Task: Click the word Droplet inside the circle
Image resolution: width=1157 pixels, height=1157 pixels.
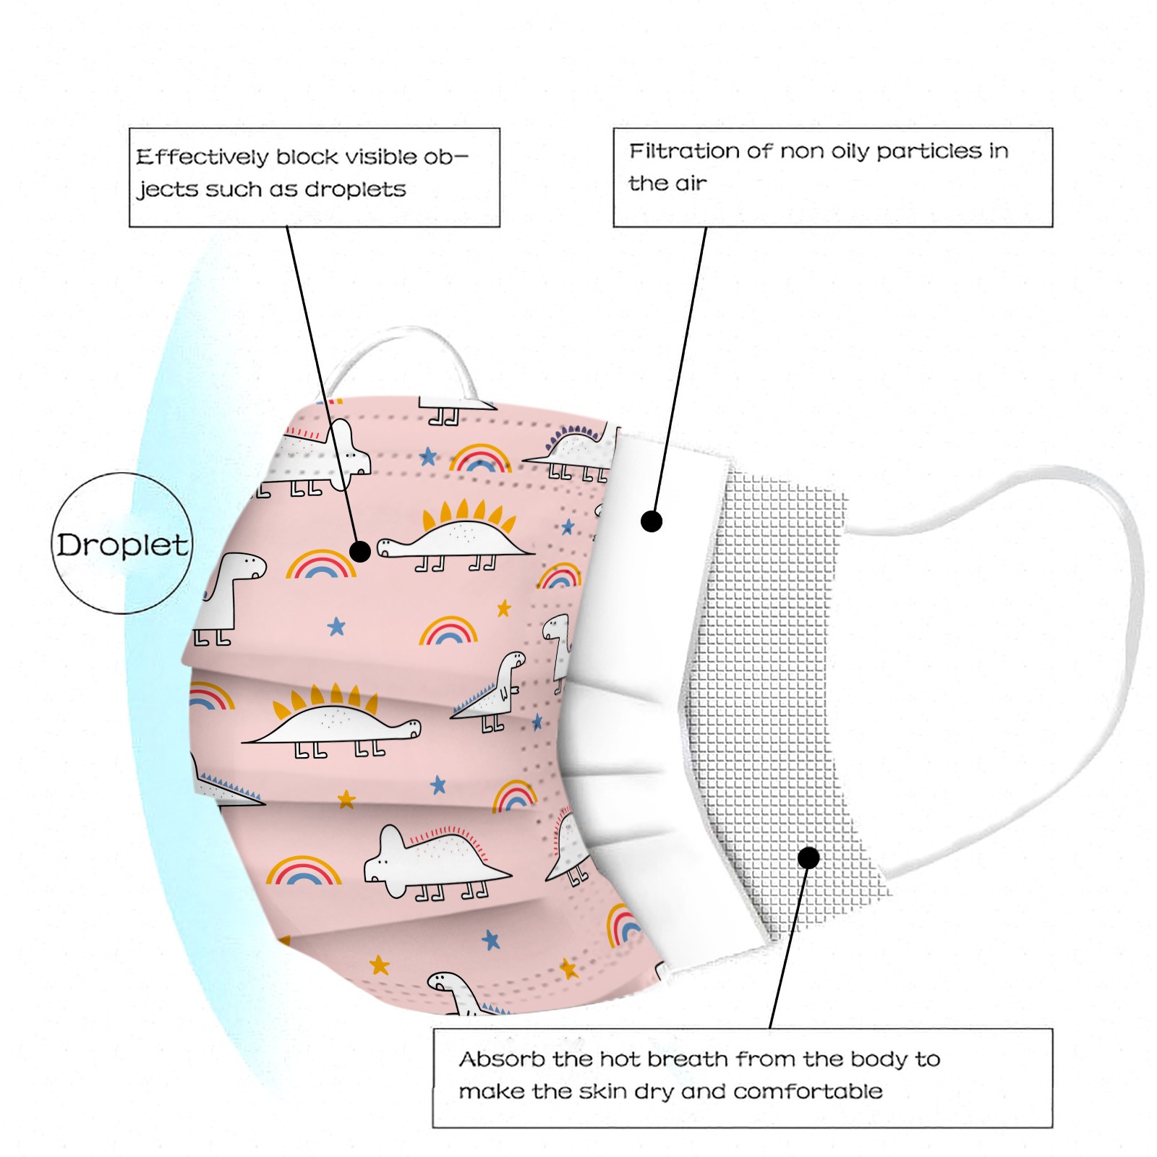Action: click(122, 545)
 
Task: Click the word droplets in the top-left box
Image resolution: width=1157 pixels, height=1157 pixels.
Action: click(355, 189)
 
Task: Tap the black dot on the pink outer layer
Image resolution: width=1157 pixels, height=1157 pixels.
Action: click(360, 552)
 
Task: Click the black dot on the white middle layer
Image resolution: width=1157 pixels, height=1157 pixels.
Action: click(652, 521)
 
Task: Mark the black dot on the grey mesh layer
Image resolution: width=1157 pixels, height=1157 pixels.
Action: click(808, 858)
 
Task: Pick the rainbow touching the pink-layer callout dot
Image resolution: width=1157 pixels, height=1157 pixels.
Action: click(320, 565)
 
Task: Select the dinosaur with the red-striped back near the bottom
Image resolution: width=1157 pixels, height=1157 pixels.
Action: click(434, 861)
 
